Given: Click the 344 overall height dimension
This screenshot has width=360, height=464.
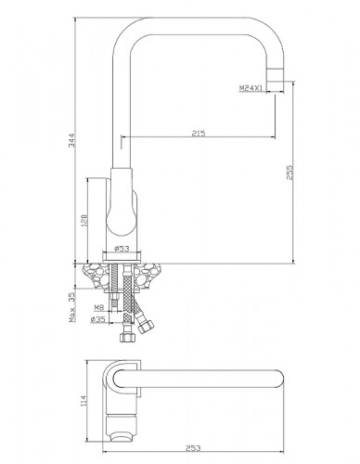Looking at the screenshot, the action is click(x=71, y=140).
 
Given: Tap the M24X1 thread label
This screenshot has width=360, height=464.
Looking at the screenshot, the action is click(x=251, y=88).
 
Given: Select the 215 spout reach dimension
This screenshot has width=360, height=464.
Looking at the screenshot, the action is click(x=199, y=134).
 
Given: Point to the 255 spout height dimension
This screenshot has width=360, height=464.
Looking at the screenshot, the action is click(x=289, y=173).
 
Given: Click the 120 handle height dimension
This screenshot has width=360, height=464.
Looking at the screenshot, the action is click(x=84, y=220).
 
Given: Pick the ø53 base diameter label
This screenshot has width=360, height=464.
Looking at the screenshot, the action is click(x=122, y=249).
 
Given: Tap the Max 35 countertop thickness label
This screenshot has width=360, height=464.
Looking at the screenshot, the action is click(x=71, y=307).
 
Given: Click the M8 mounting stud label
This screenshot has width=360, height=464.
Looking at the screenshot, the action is click(x=98, y=307).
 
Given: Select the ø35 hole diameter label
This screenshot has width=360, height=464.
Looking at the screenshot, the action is click(x=97, y=319).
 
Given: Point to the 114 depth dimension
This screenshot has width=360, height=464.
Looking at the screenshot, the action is click(x=84, y=401).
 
